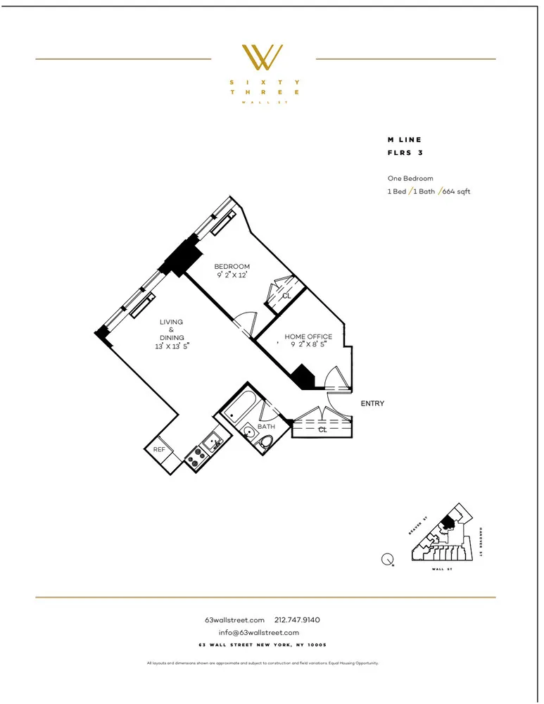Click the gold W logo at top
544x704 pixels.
(262, 57)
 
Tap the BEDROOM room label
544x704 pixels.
(232, 266)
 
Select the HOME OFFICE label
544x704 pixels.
(308, 337)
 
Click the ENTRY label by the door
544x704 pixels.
(372, 403)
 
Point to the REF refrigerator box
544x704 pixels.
(160, 449)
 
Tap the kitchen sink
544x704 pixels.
(212, 443)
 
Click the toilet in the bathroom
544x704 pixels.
(265, 441)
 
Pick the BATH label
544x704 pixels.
(266, 427)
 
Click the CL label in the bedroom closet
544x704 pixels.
(286, 296)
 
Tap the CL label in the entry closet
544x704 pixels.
(322, 429)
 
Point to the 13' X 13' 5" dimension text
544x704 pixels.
(171, 346)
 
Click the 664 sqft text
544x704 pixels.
(456, 191)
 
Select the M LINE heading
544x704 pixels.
(405, 140)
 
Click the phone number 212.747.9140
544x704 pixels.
(297, 620)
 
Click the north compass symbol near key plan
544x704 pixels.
(387, 560)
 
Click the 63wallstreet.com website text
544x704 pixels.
(234, 620)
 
